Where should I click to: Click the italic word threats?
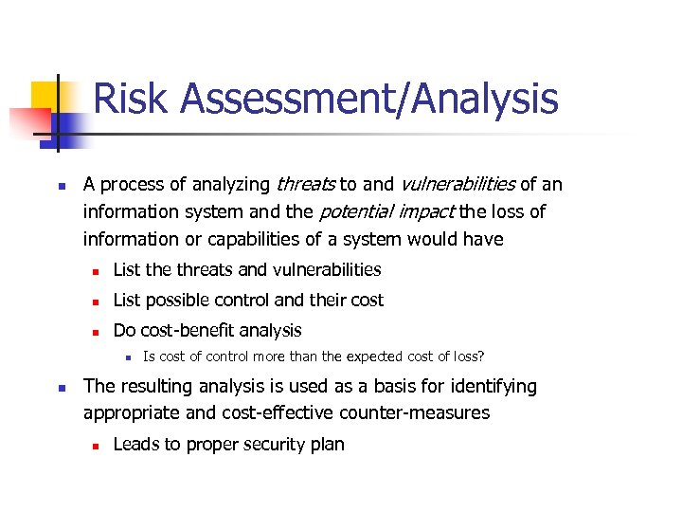305,184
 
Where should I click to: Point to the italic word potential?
353,211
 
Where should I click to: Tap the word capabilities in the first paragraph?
253,239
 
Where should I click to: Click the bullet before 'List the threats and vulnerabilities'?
95,270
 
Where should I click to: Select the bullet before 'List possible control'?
95,301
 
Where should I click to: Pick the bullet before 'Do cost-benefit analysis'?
95,331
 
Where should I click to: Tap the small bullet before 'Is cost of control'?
126,357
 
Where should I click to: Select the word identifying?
494,387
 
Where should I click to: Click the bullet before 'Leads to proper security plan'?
95,445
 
